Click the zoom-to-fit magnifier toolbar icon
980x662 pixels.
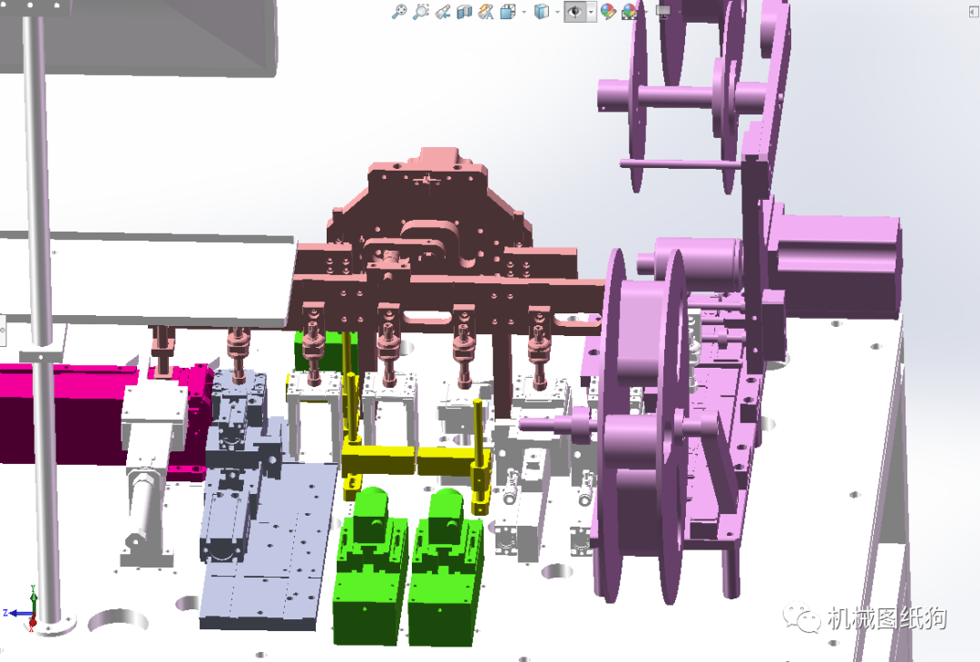pos(398,11)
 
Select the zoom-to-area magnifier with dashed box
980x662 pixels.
pos(421,11)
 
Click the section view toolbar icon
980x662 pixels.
pos(464,11)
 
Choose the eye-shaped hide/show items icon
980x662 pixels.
pos(574,11)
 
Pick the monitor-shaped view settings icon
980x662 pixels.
pos(663,11)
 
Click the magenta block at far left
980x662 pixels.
pos(63,413)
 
